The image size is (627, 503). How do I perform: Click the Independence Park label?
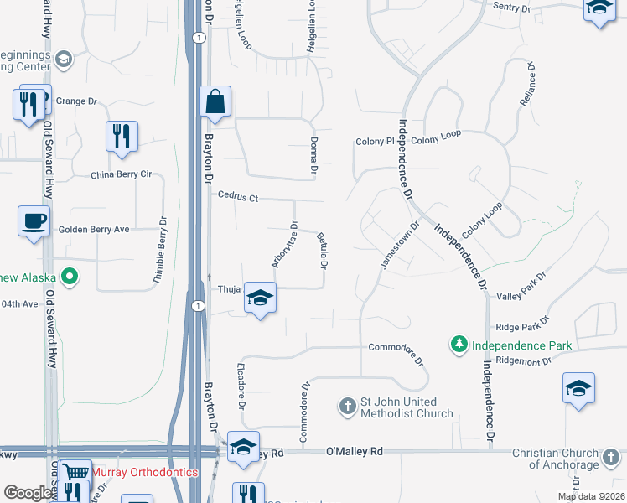pos(521,345)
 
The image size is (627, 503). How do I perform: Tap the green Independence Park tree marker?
pos(459,345)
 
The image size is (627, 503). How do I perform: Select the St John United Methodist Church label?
pos(407,407)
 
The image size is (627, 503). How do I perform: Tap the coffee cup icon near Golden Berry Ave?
pos(34,222)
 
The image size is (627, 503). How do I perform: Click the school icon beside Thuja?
pos(260,298)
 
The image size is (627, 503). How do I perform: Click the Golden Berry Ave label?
pos(94,229)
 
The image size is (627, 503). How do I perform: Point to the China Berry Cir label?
pos(121,175)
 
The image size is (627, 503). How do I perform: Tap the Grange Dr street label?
pos(76,101)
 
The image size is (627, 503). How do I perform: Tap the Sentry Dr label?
pos(513,8)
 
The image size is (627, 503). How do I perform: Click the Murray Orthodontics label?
pos(144,473)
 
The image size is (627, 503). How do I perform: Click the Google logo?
pos(28,493)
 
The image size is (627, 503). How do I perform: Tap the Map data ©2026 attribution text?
pos(590,496)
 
